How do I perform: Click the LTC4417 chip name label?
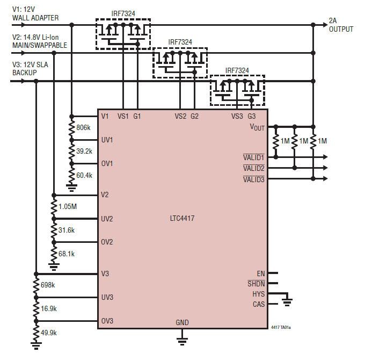coord(183,219)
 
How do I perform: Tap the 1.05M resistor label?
coord(68,206)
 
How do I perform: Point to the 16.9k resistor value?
coord(49,309)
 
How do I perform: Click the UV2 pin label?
coord(107,219)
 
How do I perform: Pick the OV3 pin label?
coord(107,321)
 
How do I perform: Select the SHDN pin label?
coord(256,284)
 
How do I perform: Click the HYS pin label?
coord(258,294)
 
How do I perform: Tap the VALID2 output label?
coord(254,168)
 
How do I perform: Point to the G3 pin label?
coord(252,116)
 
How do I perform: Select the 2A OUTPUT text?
coord(341,25)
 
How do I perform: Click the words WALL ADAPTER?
coord(35,18)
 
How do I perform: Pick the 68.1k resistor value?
coord(67,254)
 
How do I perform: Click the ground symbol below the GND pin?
coord(182,340)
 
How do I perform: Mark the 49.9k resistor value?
coord(49,333)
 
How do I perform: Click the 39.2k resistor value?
coord(84,152)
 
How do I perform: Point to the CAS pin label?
coord(258,304)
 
